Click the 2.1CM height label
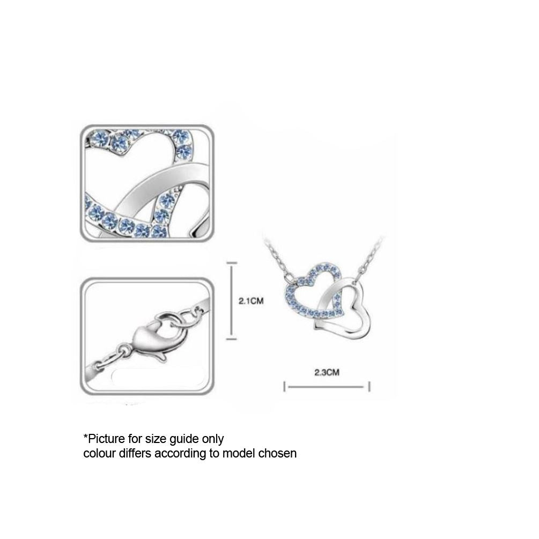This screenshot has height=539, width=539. click(x=252, y=301)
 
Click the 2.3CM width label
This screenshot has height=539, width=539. click(x=327, y=372)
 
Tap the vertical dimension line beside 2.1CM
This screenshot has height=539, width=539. click(x=232, y=301)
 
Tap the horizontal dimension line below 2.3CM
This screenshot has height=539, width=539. click(x=327, y=387)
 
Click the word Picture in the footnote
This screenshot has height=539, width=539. click(x=106, y=439)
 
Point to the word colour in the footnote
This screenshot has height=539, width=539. click(x=99, y=454)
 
